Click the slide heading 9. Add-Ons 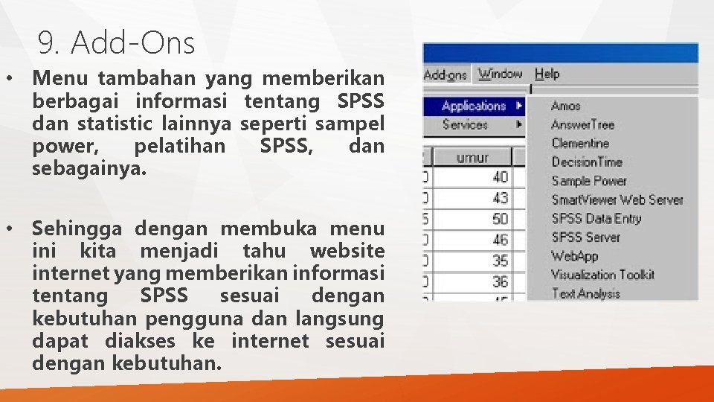click(116, 44)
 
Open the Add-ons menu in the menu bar click(446, 74)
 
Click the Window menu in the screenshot click(500, 74)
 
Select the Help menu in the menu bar click(547, 74)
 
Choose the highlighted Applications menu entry click(474, 106)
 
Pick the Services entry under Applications click(465, 124)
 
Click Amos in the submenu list click(565, 106)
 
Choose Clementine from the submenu click(580, 143)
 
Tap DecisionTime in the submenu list click(586, 162)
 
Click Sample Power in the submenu click(589, 180)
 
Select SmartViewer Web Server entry click(617, 200)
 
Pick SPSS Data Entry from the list click(596, 218)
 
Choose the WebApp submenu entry click(574, 255)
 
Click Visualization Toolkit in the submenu click(602, 274)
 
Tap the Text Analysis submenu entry click(585, 293)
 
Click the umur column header click(472, 157)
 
